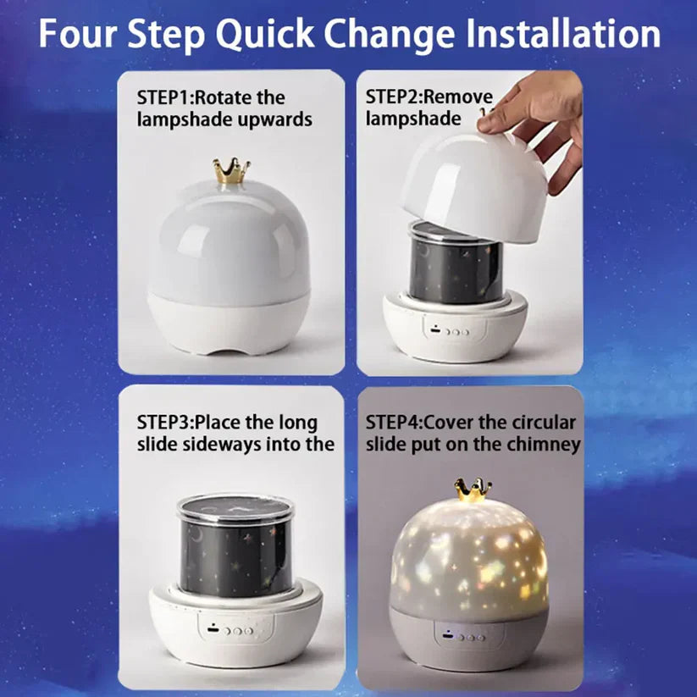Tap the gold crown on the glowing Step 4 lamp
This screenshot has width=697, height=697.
473,490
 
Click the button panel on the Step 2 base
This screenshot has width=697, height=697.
448,331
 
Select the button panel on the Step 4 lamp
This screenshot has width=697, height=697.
462,636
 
